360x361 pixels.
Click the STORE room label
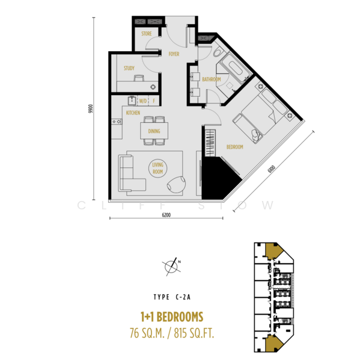point(147,34)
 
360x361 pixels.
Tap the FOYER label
point(174,54)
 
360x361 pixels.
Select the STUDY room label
point(129,68)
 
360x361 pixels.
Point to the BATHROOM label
point(212,79)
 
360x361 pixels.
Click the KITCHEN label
point(133,113)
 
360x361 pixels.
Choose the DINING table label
point(154,131)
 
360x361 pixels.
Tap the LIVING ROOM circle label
point(158,168)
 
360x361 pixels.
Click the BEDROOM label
point(235,147)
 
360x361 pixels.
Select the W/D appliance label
point(143,101)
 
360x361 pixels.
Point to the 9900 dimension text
point(91,109)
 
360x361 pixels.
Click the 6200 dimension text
point(166,215)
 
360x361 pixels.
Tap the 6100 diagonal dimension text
point(272,169)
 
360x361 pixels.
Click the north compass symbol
point(172,267)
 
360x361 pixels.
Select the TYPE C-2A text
point(172,297)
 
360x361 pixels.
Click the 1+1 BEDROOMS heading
point(172,317)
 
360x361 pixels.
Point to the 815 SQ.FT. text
point(194,333)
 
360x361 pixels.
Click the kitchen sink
point(132,100)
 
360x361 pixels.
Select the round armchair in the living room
point(177,185)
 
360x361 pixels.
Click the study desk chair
point(139,78)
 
